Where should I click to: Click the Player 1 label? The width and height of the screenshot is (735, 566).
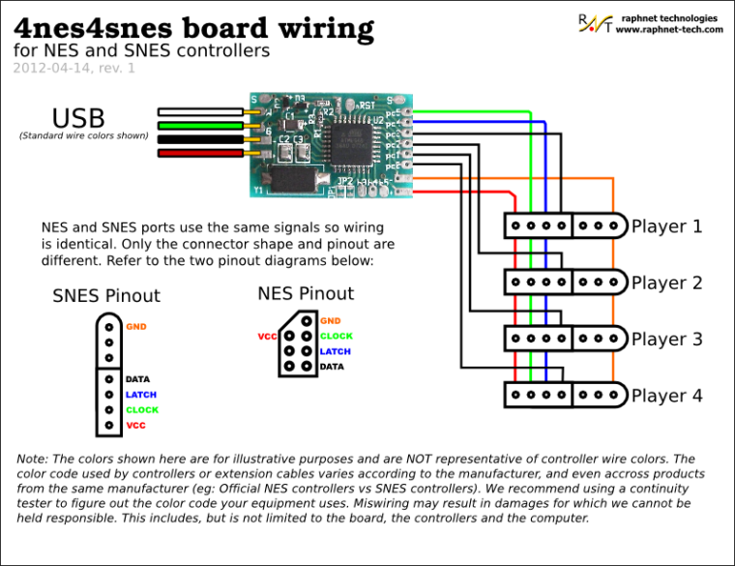click(x=666, y=227)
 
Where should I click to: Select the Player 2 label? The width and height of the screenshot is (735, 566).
click(x=666, y=283)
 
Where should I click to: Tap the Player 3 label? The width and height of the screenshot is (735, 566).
click(x=666, y=340)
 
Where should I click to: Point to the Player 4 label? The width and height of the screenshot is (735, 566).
click(x=666, y=396)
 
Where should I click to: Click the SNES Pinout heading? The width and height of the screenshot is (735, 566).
click(x=106, y=296)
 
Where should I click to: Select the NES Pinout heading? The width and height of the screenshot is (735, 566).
click(x=306, y=293)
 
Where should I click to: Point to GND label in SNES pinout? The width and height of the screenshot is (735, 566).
click(x=136, y=327)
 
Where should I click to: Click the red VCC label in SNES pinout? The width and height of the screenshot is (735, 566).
click(x=135, y=426)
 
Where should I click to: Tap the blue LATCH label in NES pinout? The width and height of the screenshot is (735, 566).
click(x=335, y=352)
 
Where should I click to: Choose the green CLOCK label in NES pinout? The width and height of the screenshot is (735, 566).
click(x=337, y=337)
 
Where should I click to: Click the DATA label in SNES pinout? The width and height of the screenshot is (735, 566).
click(x=137, y=379)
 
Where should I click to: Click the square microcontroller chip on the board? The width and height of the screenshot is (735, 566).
click(x=344, y=128)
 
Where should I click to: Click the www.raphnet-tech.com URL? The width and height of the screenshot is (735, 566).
click(x=669, y=30)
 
